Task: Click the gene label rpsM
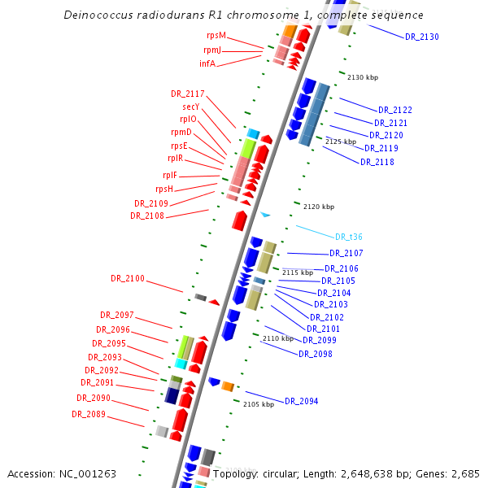click(x=216, y=36)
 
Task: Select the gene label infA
click(x=207, y=63)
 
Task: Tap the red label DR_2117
click(x=188, y=94)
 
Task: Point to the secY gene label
click(x=191, y=107)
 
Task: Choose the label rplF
click(x=170, y=175)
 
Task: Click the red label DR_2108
click(x=147, y=216)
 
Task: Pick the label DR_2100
click(x=128, y=278)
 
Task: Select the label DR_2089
click(x=89, y=414)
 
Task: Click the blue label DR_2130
click(x=421, y=37)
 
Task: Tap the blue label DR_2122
click(x=395, y=110)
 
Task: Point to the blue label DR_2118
click(x=377, y=162)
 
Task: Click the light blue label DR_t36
click(x=349, y=237)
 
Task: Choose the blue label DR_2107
click(x=346, y=253)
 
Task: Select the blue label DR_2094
click(x=301, y=401)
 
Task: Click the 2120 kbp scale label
click(x=319, y=207)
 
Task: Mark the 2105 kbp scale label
click(x=259, y=404)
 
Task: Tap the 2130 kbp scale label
click(x=363, y=77)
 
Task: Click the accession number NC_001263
click(x=89, y=473)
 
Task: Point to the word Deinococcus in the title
click(x=100, y=15)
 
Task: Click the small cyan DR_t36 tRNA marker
click(x=265, y=215)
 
